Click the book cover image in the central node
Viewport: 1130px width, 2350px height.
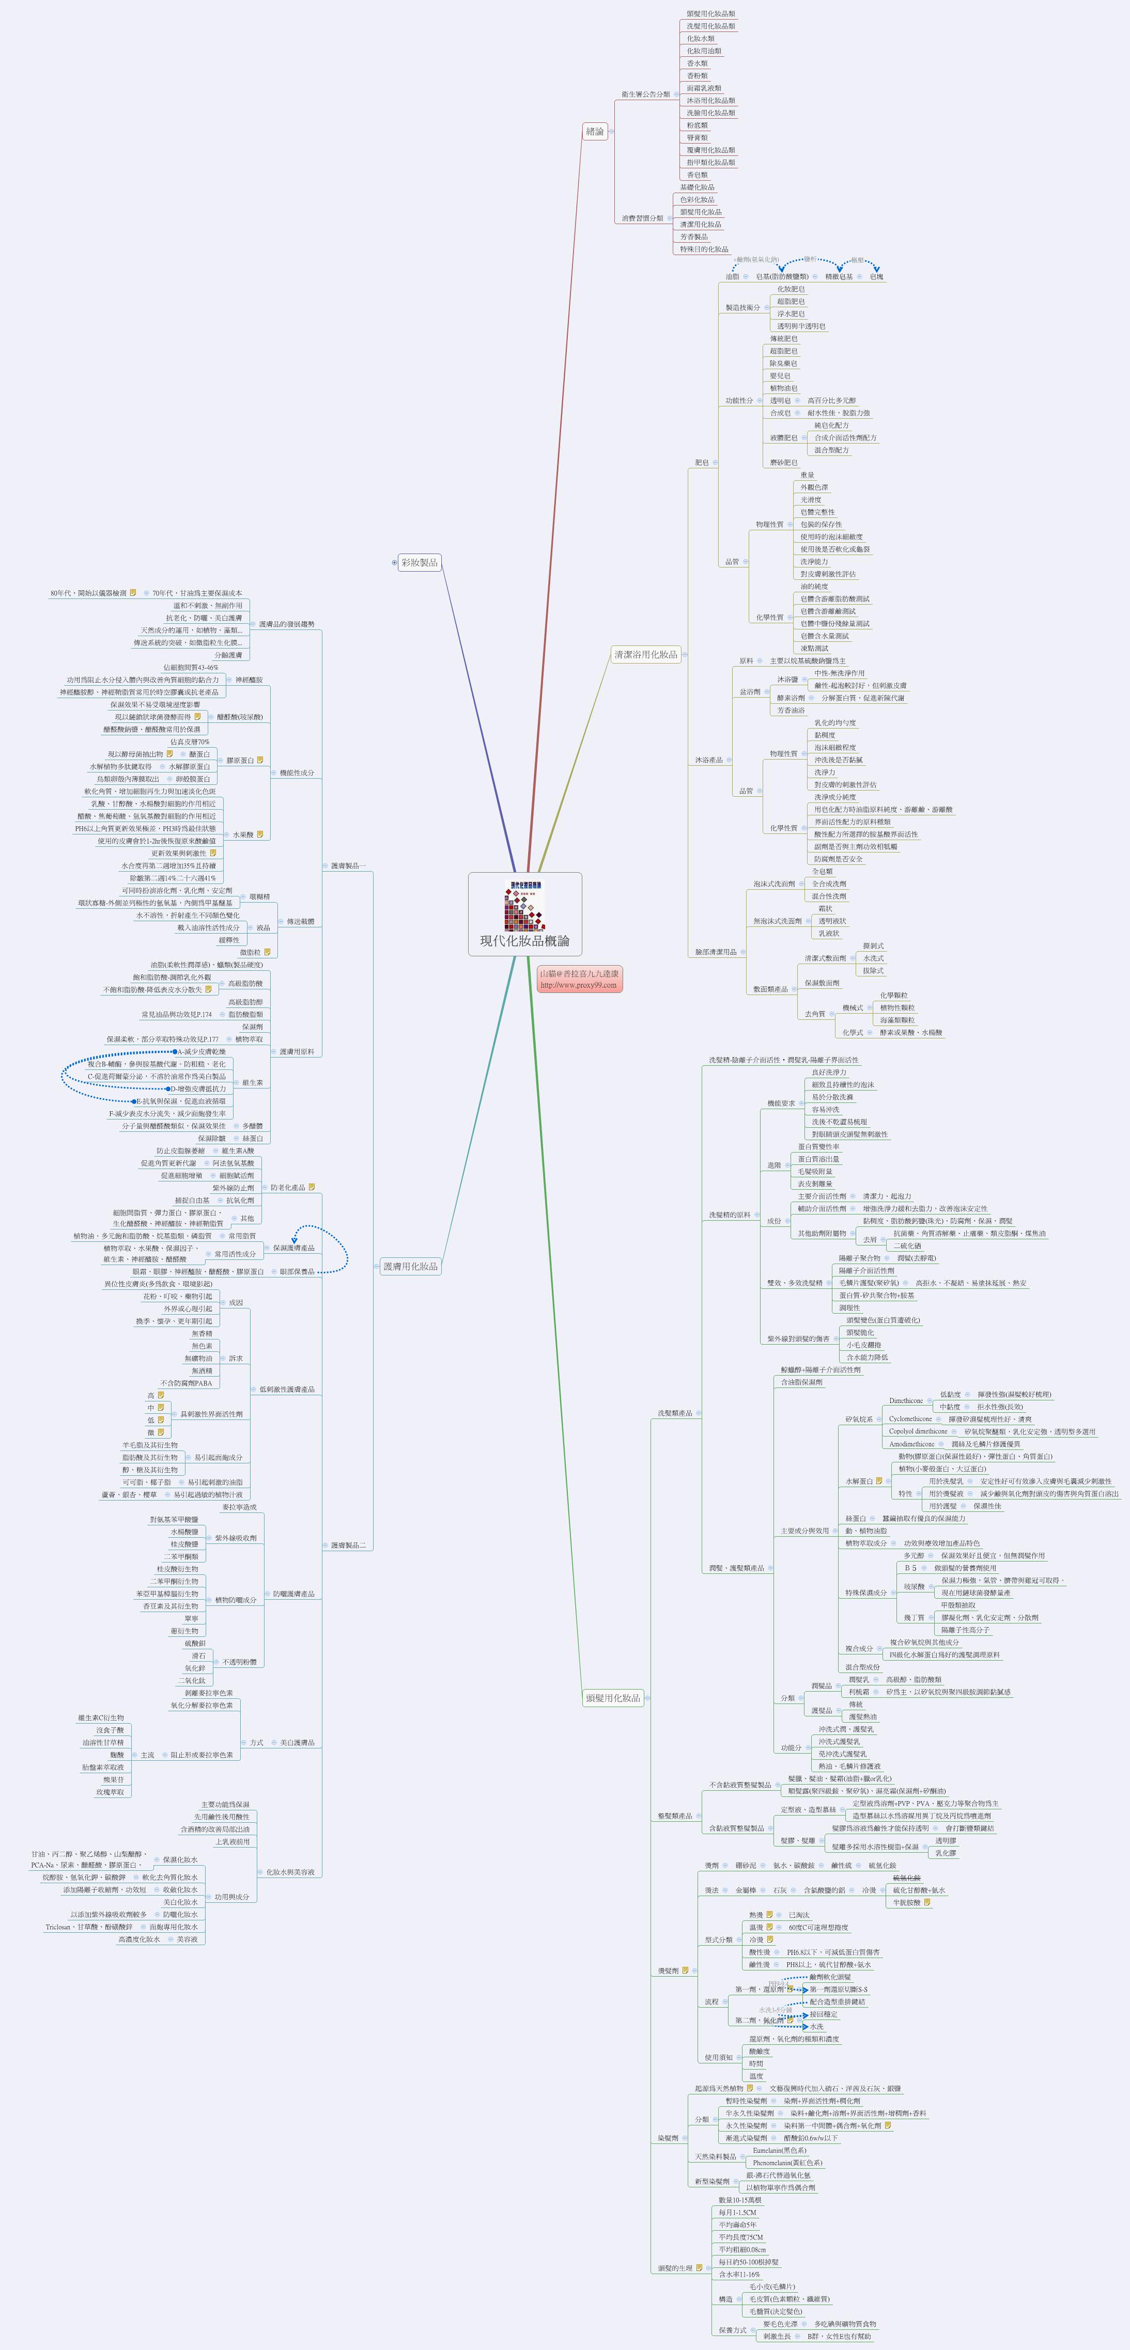pos(525,906)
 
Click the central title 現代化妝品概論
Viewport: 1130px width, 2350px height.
pos(525,940)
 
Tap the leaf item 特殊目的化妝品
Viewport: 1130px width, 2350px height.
pos(704,249)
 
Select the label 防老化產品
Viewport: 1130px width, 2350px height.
pos(287,1188)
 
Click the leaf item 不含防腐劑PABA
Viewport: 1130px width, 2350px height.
pos(186,1383)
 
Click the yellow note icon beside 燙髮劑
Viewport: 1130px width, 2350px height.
pos(684,1970)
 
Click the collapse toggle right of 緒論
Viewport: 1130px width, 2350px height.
pos(612,131)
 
